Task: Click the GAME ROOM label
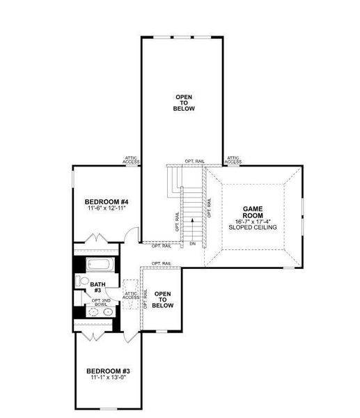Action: click(251, 212)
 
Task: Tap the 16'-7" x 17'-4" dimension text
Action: click(251, 222)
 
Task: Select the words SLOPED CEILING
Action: click(251, 228)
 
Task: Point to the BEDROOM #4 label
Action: click(104, 202)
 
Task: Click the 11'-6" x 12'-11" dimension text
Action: click(104, 209)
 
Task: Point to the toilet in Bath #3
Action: click(82, 281)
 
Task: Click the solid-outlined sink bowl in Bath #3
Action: click(107, 313)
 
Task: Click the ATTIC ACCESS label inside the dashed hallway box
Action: click(132, 295)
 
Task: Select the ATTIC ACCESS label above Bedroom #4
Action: click(131, 160)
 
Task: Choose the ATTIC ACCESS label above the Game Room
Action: click(233, 160)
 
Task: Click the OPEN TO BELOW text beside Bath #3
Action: click(162, 300)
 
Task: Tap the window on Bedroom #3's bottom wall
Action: click(108, 408)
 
